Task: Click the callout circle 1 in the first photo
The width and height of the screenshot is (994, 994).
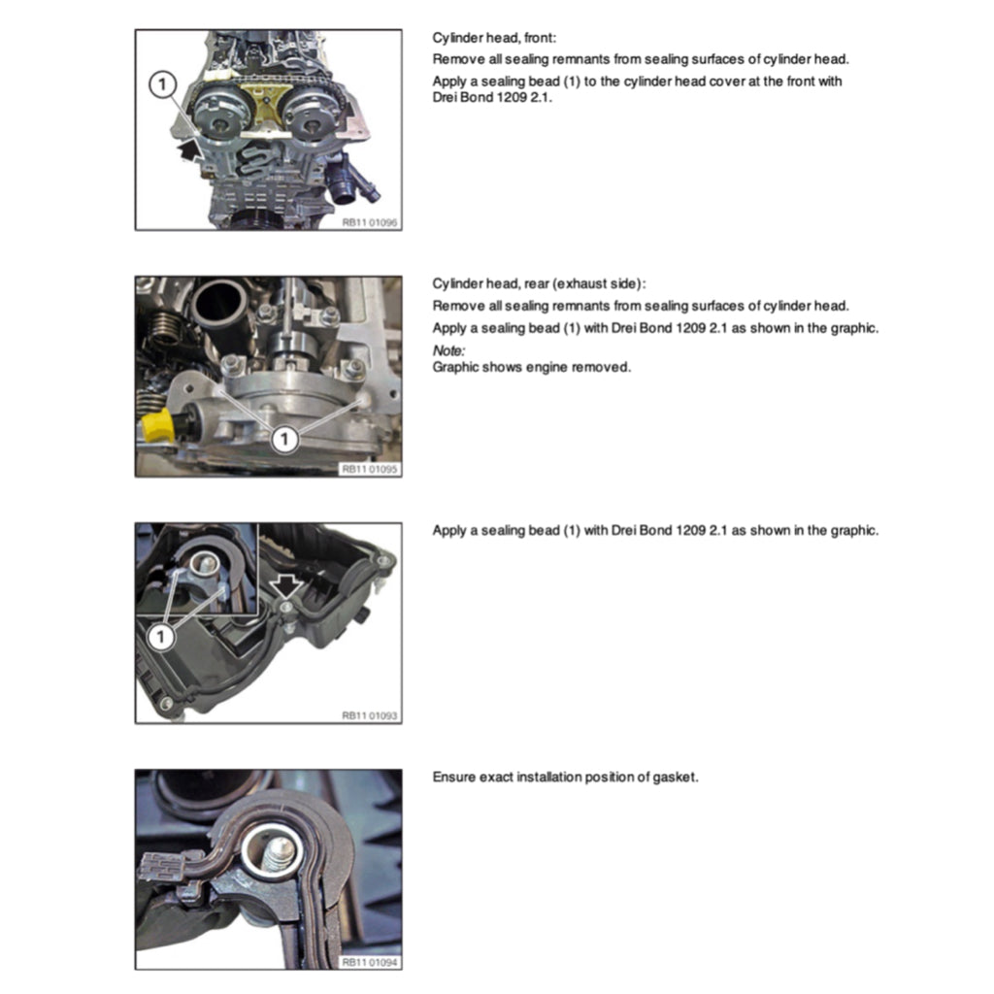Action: pyautogui.click(x=162, y=84)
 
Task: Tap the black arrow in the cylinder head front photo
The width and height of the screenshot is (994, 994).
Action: pyautogui.click(x=190, y=151)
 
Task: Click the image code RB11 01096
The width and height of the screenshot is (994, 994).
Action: pyautogui.click(x=370, y=222)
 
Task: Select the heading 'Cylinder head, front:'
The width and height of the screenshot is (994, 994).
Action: pyautogui.click(x=494, y=38)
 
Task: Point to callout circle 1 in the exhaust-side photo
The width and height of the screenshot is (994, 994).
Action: pyautogui.click(x=284, y=439)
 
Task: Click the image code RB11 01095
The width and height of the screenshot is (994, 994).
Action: pyautogui.click(x=370, y=469)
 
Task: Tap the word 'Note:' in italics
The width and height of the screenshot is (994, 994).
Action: pyautogui.click(x=448, y=349)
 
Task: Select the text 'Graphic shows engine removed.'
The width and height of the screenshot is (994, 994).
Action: pyautogui.click(x=531, y=367)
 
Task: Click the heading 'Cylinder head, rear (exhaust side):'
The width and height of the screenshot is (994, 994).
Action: pyautogui.click(x=539, y=283)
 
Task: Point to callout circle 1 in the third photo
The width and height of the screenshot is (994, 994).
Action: pyautogui.click(x=161, y=636)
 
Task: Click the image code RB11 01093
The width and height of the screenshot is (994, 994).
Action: pyautogui.click(x=370, y=715)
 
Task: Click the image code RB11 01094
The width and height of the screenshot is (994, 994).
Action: pyautogui.click(x=370, y=962)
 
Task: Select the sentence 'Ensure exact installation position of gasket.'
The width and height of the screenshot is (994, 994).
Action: pyautogui.click(x=565, y=777)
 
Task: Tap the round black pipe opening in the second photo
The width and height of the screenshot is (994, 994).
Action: pyautogui.click(x=218, y=302)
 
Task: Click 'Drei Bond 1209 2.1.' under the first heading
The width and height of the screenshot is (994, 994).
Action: pyautogui.click(x=492, y=97)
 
